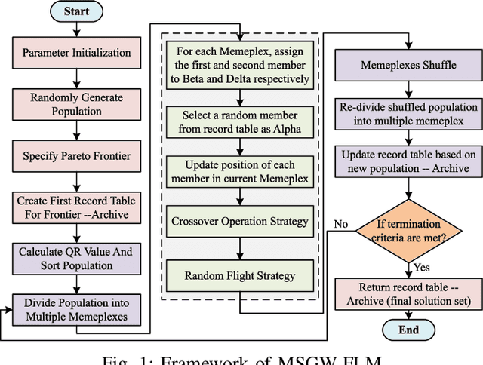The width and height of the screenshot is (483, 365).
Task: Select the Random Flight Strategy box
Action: coord(240,275)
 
